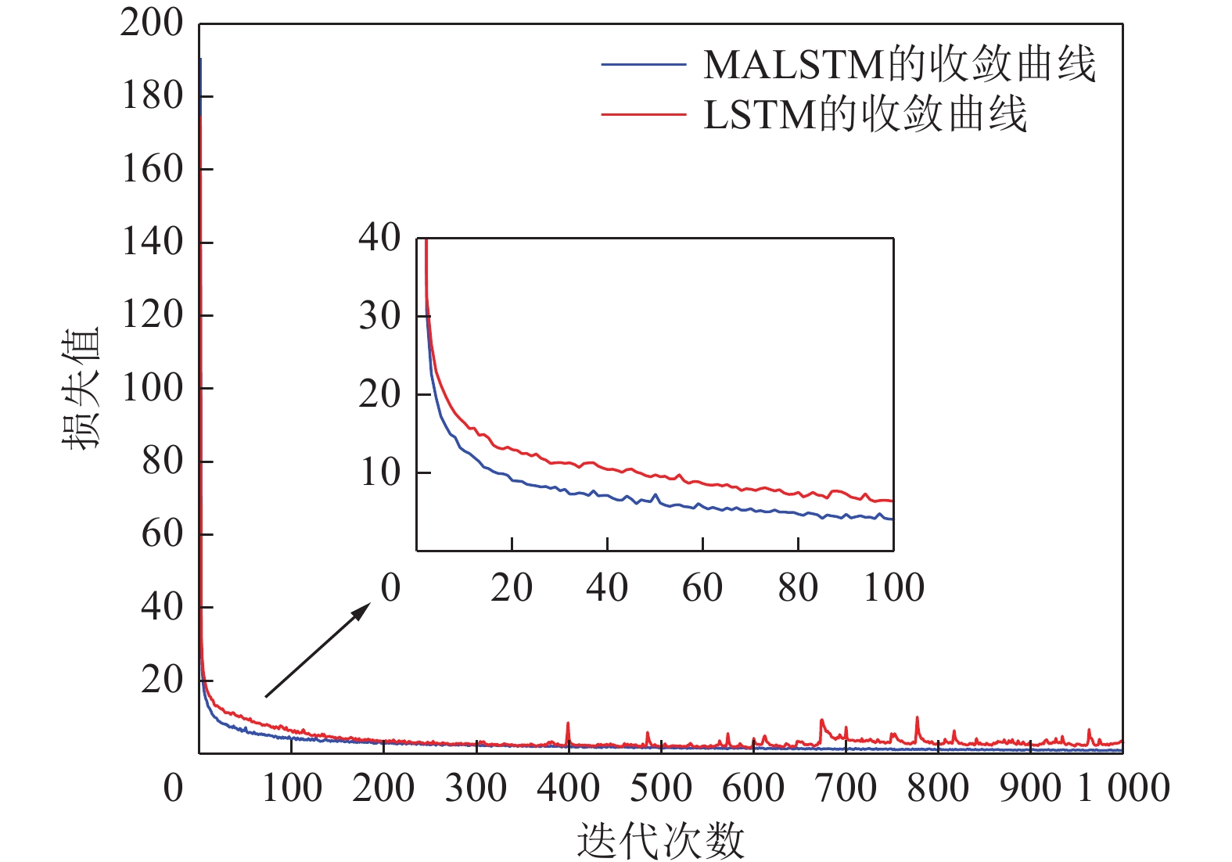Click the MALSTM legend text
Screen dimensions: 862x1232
point(900,65)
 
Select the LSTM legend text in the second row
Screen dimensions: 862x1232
point(865,115)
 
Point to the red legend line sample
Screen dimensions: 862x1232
point(643,115)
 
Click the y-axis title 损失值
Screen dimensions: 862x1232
point(81,388)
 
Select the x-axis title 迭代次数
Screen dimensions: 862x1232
point(660,841)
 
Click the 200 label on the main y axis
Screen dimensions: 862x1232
point(152,23)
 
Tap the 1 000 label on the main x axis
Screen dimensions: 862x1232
point(1123,788)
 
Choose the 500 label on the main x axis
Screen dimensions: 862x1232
point(661,788)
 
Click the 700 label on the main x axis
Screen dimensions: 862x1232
point(846,788)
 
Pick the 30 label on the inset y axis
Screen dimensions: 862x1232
point(379,316)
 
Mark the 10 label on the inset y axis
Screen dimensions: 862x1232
point(379,472)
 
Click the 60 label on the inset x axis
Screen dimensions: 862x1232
point(702,587)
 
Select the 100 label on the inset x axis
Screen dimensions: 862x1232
point(893,587)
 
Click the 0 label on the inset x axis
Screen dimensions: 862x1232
point(390,587)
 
